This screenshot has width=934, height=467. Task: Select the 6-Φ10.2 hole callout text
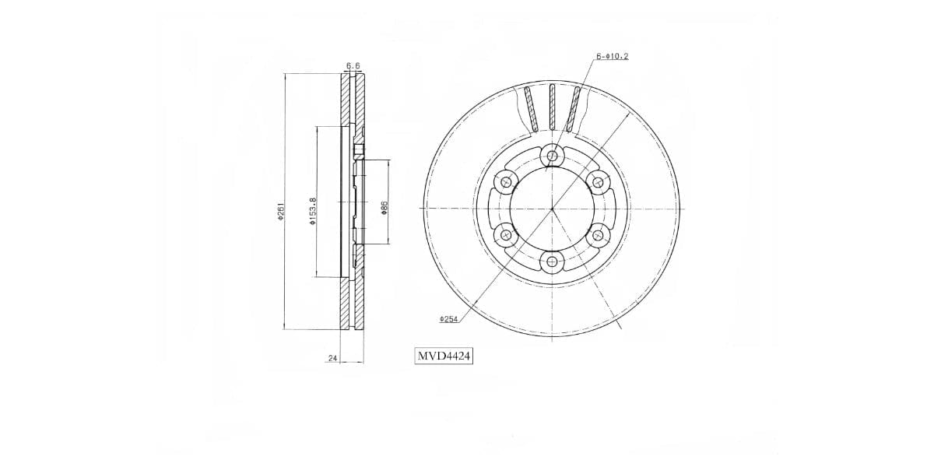[613, 57]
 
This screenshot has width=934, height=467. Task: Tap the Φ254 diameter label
[448, 319]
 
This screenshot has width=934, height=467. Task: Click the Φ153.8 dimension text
[312, 211]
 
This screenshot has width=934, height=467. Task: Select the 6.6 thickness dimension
[353, 66]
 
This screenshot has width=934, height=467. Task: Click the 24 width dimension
[332, 359]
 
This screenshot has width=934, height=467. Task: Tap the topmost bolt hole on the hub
[552, 156]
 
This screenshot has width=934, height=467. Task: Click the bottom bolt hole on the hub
[552, 262]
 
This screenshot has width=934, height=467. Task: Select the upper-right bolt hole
[598, 183]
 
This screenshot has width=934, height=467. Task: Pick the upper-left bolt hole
[506, 183]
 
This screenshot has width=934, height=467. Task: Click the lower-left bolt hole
[506, 234]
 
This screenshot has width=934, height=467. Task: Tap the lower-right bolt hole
[598, 234]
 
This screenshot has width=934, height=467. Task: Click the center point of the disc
[552, 209]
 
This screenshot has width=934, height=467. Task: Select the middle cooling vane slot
[552, 107]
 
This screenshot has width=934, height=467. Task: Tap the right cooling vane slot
[574, 109]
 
